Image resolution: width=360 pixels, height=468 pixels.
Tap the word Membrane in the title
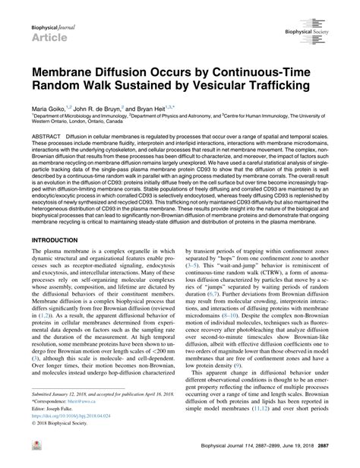point(64,74)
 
